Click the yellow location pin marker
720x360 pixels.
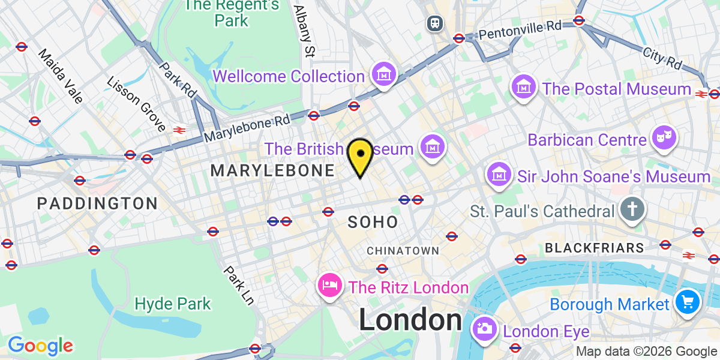360,155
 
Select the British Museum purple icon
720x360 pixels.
432,147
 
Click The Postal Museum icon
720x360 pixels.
524,88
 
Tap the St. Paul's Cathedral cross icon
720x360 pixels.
632,210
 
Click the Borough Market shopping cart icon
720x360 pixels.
686,302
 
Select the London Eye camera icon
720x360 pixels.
484,329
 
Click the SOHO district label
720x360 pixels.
373,223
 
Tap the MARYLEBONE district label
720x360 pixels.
272,171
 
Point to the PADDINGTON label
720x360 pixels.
97,203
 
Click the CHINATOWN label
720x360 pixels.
403,250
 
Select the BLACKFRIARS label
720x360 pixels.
595,248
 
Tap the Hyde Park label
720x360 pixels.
173,304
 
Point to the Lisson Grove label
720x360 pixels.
136,104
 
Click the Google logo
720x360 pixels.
40,346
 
